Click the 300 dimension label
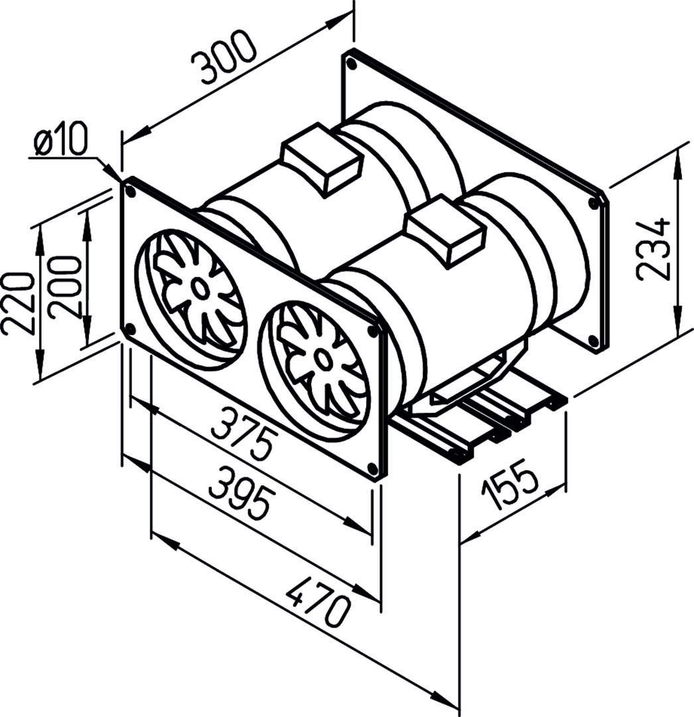pyautogui.click(x=222, y=58)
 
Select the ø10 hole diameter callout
pyautogui.click(x=60, y=142)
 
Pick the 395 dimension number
pyautogui.click(x=241, y=491)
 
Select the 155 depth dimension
pyautogui.click(x=510, y=489)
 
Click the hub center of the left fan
pyautogui.click(x=198, y=288)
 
